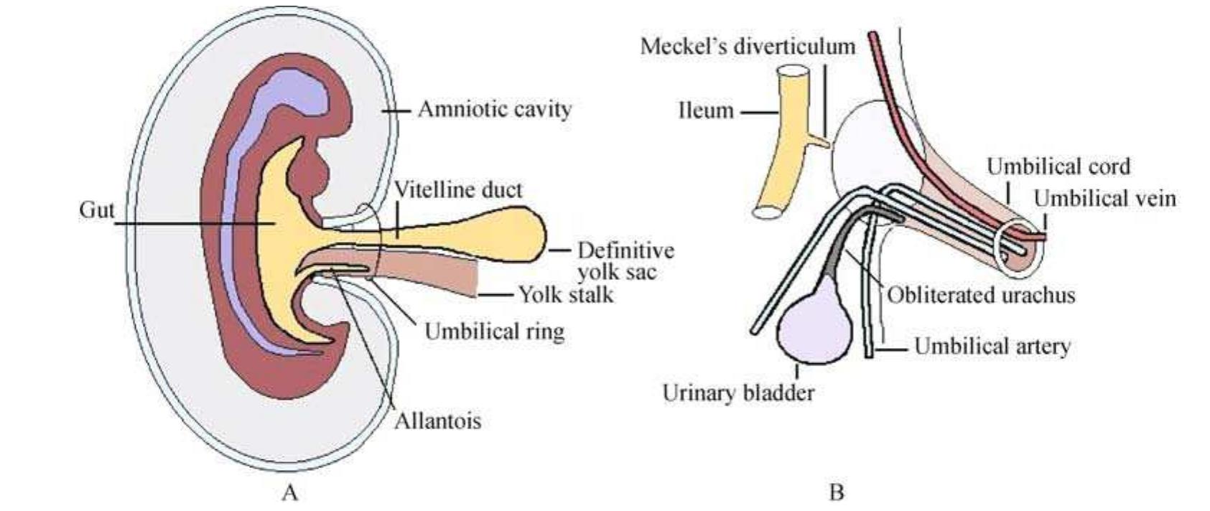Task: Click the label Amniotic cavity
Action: pos(495,110)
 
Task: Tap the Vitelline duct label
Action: pos(459,189)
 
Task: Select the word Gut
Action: pos(96,211)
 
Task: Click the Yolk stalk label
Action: pos(566,294)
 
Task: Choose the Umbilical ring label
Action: pos(494,331)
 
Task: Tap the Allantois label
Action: pos(437,420)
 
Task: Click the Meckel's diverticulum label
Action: pos(748,46)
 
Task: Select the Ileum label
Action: pos(707,111)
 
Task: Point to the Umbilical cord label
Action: pos(1058,167)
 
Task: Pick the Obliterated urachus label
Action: pos(981,294)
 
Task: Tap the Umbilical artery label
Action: pos(992,347)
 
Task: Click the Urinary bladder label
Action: pos(738,393)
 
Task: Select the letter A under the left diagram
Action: pos(289,493)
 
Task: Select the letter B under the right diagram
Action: pos(836,493)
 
